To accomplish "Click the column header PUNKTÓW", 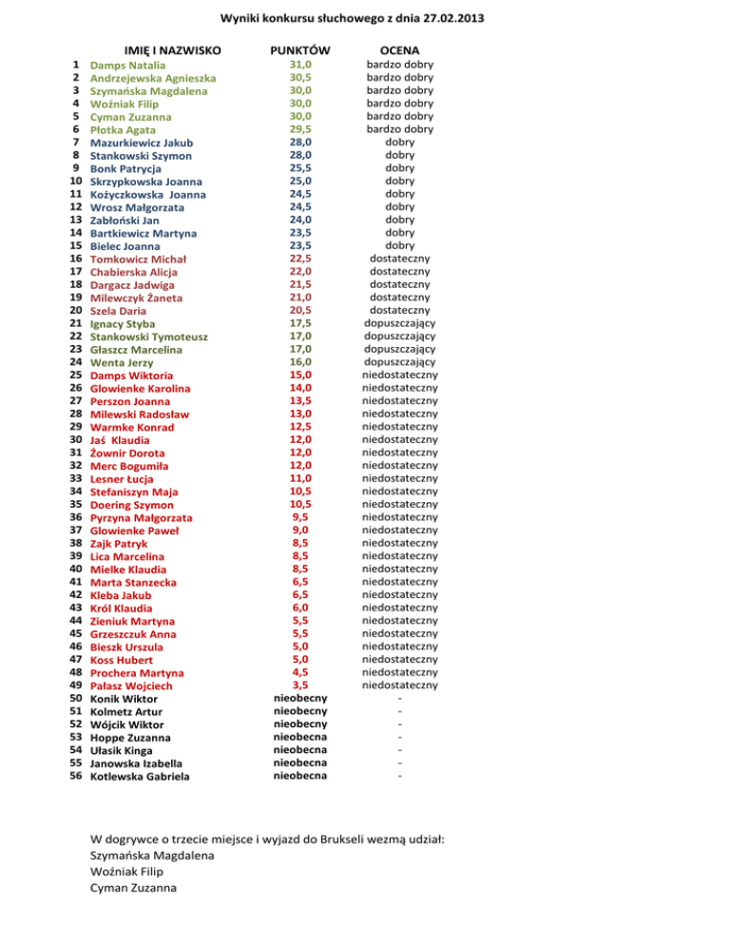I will pos(299,48).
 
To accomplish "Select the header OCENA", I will pos(400,48).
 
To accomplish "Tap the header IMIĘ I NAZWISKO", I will pos(173,48).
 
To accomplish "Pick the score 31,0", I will pos(300,65).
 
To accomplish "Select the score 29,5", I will pos(300,128).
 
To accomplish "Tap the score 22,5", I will pos(300,258).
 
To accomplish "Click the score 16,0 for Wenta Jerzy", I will pos(300,361).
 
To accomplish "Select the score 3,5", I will pos(300,685).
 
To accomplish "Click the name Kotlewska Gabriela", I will pos(139,777).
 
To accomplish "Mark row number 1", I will pos(75,66).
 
